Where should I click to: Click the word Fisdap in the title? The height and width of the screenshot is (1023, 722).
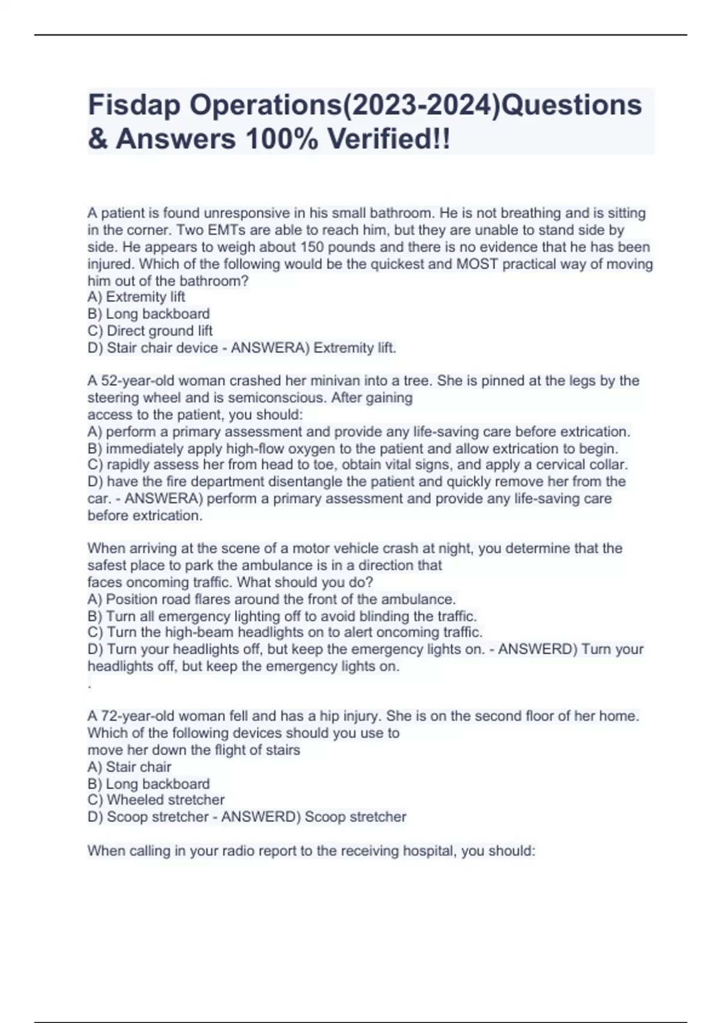point(134,105)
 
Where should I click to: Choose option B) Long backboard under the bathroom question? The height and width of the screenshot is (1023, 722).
point(149,314)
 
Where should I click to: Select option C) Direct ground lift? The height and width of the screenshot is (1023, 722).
point(150,330)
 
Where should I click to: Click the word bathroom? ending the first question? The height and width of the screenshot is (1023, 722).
point(214,280)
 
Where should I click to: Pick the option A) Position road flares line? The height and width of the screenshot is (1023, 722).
point(271,599)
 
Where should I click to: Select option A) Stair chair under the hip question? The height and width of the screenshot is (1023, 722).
point(129,767)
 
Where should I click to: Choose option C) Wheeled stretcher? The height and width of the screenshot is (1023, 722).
point(156,800)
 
